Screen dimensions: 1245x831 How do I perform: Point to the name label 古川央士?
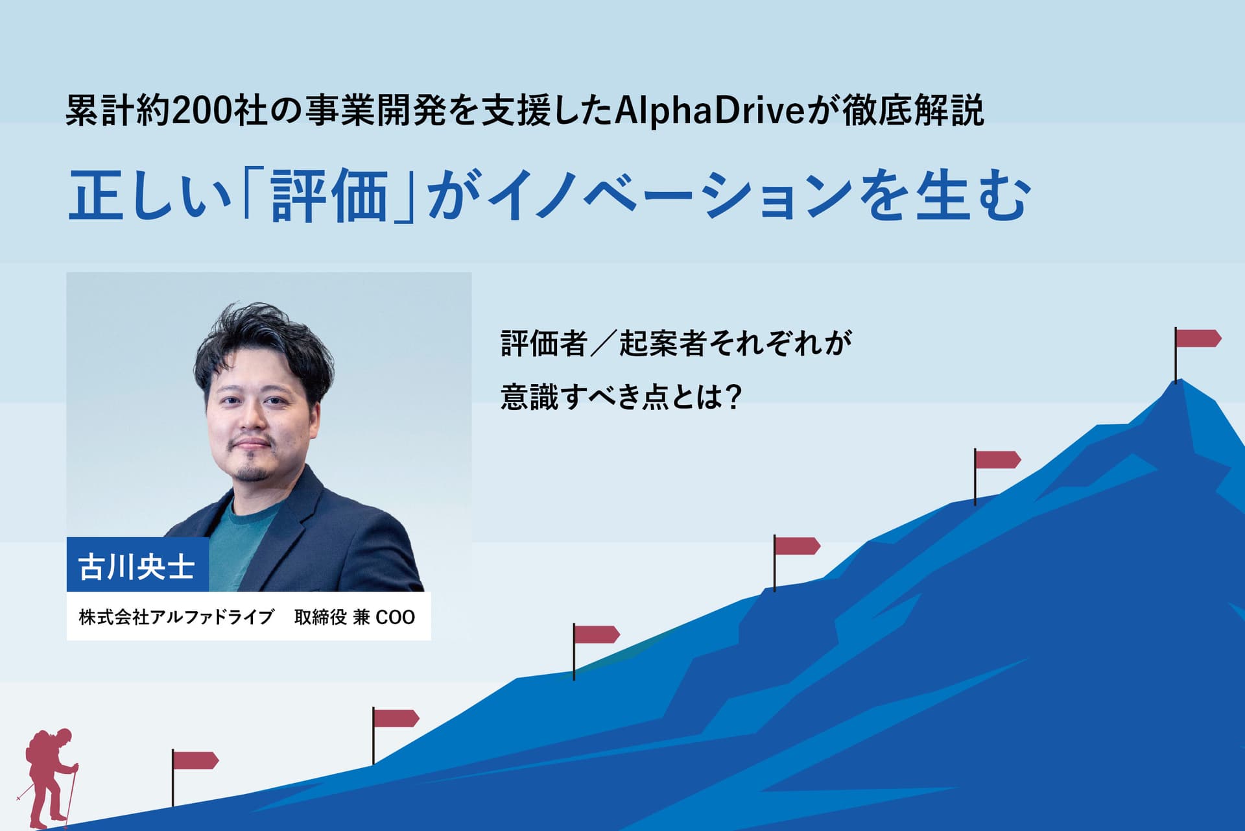[137, 566]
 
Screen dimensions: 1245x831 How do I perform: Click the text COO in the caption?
[395, 617]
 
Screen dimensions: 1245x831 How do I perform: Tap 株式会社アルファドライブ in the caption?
[176, 617]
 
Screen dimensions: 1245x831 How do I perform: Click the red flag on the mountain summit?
[1198, 339]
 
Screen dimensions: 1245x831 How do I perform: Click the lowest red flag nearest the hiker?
[195, 760]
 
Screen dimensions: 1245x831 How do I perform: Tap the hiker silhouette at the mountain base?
[49, 778]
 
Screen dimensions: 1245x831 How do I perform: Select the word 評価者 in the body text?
[544, 343]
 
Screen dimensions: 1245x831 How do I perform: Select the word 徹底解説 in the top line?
[914, 111]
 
